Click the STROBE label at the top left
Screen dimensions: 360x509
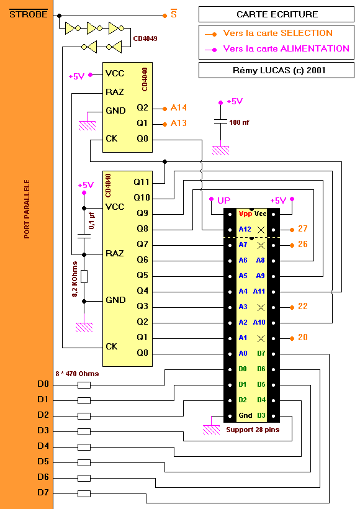click(29, 14)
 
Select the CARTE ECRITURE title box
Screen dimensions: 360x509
click(276, 14)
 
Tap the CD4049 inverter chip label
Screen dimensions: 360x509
click(145, 38)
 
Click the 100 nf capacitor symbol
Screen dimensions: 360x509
click(220, 122)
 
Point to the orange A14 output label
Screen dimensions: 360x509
click(179, 107)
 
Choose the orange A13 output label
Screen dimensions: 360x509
click(179, 123)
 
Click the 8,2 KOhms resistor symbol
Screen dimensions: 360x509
click(84, 277)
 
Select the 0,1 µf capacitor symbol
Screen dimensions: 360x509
click(84, 236)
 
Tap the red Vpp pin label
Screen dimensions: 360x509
click(245, 214)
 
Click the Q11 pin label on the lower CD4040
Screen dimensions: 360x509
click(142, 182)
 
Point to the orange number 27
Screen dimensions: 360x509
click(302, 228)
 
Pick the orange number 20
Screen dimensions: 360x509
click(302, 337)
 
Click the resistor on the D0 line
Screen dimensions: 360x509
click(84, 385)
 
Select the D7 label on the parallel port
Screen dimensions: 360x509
click(43, 492)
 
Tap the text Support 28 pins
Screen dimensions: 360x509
click(253, 430)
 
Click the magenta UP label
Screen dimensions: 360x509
click(223, 200)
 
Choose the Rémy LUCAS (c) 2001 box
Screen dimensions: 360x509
click(276, 70)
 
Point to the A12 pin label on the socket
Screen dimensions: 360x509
click(245, 229)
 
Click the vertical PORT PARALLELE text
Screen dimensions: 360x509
click(27, 209)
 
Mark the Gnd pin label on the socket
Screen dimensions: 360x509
click(245, 415)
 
